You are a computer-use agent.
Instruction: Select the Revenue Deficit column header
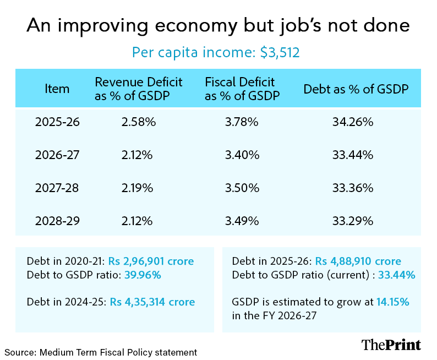(x=139, y=88)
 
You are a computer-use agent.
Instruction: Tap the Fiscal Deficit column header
(x=242, y=88)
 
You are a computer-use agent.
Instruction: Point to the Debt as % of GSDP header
(x=356, y=89)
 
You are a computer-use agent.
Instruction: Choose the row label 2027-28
(x=57, y=188)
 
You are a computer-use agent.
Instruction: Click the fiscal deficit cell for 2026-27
(x=242, y=155)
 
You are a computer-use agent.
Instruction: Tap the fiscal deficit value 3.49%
(x=242, y=221)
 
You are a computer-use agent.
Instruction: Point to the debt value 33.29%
(x=353, y=221)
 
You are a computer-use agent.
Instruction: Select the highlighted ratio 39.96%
(x=142, y=274)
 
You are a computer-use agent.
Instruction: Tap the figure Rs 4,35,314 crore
(x=152, y=302)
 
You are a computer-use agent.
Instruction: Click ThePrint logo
(x=391, y=345)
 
